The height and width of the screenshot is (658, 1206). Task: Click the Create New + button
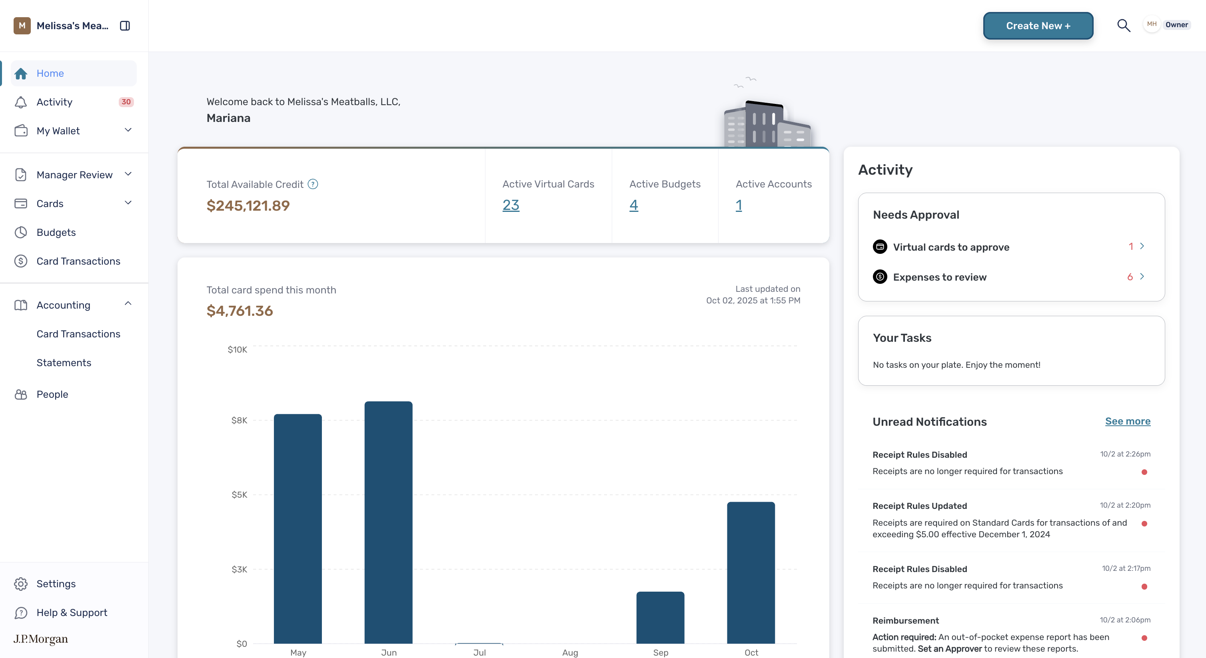point(1038,26)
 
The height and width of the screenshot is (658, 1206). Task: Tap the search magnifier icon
point(1124,25)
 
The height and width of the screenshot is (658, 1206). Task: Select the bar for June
point(389,522)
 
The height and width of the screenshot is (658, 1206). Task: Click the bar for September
point(660,617)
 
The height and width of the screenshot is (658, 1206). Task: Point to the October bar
point(751,572)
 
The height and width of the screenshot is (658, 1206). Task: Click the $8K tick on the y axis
point(239,420)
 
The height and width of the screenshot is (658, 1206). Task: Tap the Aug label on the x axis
point(570,652)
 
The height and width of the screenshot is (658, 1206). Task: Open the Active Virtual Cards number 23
point(511,205)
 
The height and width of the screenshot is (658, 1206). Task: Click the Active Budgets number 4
point(633,205)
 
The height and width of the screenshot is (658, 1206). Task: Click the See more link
point(1127,421)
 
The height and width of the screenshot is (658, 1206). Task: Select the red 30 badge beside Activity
point(126,102)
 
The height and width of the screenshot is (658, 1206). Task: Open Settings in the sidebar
point(56,584)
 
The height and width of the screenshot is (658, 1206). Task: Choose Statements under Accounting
point(64,363)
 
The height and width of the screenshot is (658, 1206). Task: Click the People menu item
point(52,394)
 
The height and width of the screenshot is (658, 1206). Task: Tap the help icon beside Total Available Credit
point(313,184)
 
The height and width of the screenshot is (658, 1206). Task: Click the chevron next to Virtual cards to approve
point(1142,246)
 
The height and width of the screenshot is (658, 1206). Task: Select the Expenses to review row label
point(940,277)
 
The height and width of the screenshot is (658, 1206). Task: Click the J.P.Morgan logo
point(41,639)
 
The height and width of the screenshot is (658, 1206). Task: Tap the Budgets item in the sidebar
point(56,232)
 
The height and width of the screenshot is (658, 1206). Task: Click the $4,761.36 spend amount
point(240,311)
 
